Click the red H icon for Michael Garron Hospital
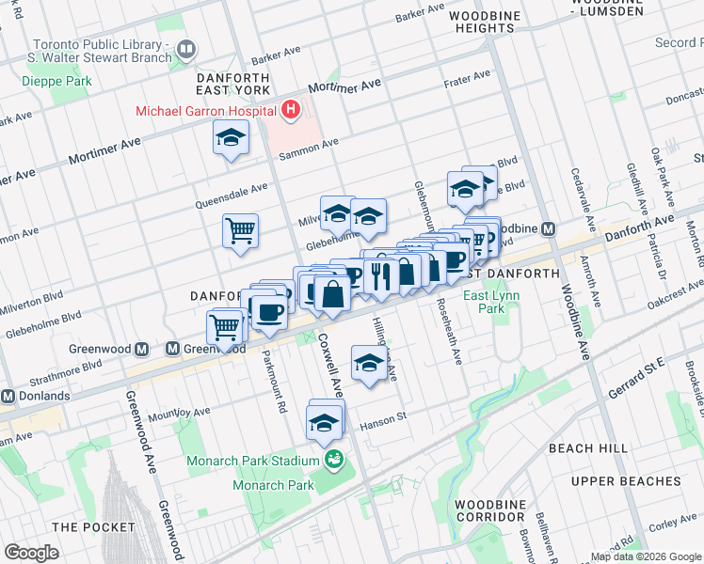coord(291,110)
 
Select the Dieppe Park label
coord(57,82)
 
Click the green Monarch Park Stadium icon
coord(333,460)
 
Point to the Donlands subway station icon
coord(8,396)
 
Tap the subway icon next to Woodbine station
coord(548,228)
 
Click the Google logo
coord(31,552)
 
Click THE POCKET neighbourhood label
coord(94,527)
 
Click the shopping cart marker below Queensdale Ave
coord(241,230)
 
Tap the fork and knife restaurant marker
coord(381,274)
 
